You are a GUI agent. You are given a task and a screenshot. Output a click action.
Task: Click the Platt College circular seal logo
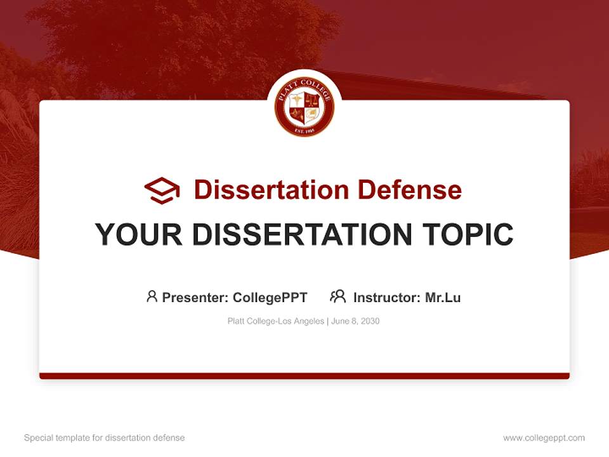pyautogui.click(x=304, y=105)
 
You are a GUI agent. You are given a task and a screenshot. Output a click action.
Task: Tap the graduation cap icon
pyautogui.click(x=162, y=190)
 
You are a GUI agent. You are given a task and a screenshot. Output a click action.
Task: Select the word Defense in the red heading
pyautogui.click(x=409, y=190)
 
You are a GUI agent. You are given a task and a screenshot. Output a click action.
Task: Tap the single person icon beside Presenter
pyautogui.click(x=152, y=296)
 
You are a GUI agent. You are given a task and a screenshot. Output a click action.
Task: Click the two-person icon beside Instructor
pyautogui.click(x=337, y=296)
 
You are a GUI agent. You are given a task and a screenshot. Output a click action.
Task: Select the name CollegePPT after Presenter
pyautogui.click(x=270, y=297)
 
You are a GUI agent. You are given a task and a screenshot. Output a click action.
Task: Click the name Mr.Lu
pyautogui.click(x=443, y=297)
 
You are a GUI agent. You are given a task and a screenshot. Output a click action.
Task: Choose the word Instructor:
pyautogui.click(x=387, y=297)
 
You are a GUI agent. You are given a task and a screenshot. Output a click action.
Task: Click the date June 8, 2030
pyautogui.click(x=355, y=321)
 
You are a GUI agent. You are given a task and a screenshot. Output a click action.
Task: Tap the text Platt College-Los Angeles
pyautogui.click(x=275, y=321)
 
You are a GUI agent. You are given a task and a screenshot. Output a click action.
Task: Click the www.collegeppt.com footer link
pyautogui.click(x=544, y=438)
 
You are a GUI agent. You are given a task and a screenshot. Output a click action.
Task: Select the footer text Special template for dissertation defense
pyautogui.click(x=104, y=438)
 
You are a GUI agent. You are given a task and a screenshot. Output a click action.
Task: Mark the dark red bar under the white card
pyautogui.click(x=304, y=376)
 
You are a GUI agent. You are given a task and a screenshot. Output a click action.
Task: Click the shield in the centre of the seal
pyautogui.click(x=304, y=107)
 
